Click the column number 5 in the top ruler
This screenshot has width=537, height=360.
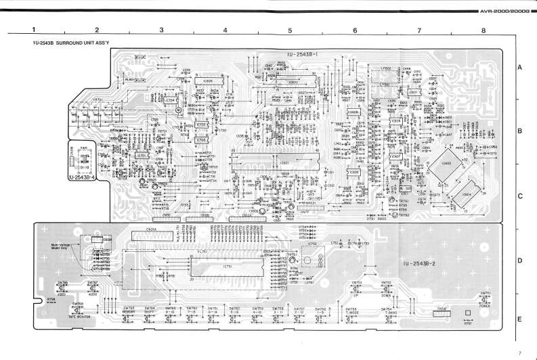[289, 30]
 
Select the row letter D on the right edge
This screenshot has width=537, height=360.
[519, 261]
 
